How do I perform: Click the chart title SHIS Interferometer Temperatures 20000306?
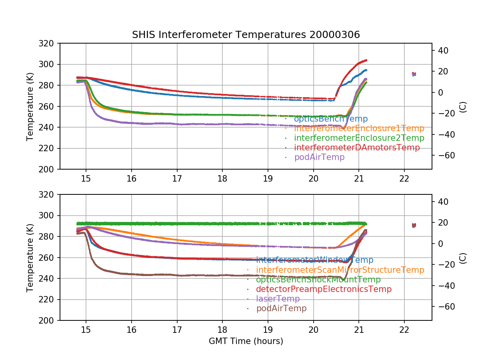click(246, 35)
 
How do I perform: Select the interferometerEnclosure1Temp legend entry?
click(359, 128)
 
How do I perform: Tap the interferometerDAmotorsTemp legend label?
click(357, 148)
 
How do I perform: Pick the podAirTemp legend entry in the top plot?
click(319, 157)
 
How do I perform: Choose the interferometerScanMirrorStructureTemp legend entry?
click(340, 270)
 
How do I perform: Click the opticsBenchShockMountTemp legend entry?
click(318, 280)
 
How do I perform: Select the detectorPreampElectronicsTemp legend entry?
click(324, 289)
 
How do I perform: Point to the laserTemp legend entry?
click(278, 299)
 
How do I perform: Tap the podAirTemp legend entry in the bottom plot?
click(281, 308)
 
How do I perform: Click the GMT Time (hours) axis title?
click(246, 341)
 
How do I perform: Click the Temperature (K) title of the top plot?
click(30, 106)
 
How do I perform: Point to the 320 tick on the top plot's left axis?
click(49, 43)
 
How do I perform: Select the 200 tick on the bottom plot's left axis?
click(49, 320)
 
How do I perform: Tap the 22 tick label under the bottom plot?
click(404, 330)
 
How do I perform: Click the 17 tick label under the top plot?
click(177, 178)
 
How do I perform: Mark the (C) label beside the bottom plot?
click(463, 258)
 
